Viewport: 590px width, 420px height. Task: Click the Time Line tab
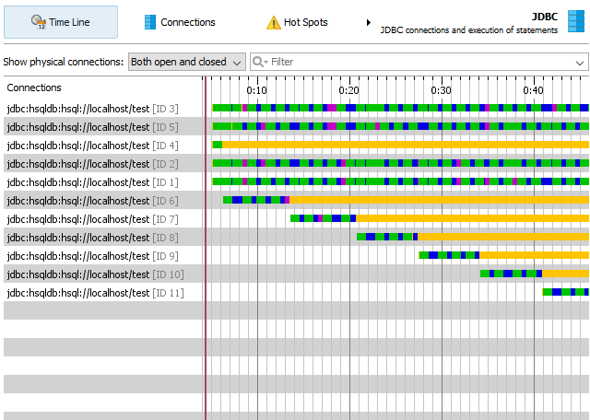(61, 22)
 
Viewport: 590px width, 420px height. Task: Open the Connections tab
(180, 22)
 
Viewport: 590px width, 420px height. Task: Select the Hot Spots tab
(297, 22)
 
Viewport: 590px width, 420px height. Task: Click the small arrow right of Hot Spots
(369, 22)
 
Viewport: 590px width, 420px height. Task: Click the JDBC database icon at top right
(576, 22)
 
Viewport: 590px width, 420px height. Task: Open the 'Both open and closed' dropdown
(187, 62)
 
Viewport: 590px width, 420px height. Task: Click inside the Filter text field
(424, 62)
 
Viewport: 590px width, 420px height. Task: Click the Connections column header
(34, 88)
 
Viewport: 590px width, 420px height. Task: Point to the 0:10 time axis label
(257, 90)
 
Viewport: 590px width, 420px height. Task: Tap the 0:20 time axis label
(349, 90)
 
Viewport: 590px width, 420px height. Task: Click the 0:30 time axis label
(442, 90)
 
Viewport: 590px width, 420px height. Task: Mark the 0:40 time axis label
(533, 90)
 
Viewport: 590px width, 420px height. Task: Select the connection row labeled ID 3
(92, 109)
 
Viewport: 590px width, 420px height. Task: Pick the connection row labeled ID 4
(92, 146)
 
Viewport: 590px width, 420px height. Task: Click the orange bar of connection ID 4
(406, 145)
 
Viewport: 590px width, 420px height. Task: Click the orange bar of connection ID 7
(470, 218)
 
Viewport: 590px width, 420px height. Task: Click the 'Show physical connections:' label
(64, 62)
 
